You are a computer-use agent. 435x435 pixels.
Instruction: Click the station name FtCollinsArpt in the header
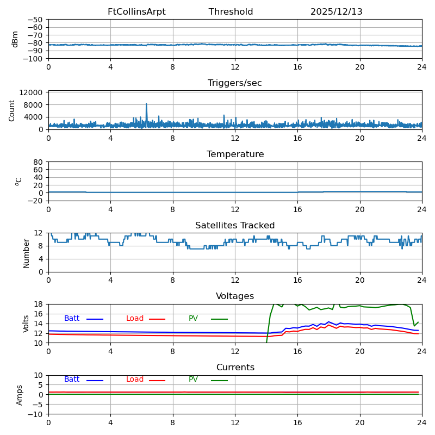(136, 12)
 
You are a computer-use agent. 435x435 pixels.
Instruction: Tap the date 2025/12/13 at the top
(336, 12)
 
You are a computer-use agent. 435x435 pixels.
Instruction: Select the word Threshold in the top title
(231, 12)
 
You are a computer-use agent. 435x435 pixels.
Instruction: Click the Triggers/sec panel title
(235, 83)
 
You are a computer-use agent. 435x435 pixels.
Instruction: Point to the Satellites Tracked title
(235, 226)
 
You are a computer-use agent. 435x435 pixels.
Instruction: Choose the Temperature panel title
(235, 154)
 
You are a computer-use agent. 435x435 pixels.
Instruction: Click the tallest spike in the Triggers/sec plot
(146, 104)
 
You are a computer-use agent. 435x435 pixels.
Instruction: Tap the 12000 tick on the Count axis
(32, 93)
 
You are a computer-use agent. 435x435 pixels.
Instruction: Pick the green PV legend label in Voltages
(193, 319)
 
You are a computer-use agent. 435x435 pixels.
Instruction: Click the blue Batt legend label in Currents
(72, 380)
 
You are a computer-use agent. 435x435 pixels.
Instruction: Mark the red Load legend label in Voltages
(135, 319)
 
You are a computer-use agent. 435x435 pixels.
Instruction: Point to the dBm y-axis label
(15, 39)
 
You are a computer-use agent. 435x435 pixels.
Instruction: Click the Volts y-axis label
(26, 324)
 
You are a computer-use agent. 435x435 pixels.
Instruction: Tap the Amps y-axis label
(20, 395)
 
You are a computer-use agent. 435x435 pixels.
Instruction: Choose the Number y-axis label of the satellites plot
(26, 253)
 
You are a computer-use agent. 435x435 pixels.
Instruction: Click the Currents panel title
(235, 368)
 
